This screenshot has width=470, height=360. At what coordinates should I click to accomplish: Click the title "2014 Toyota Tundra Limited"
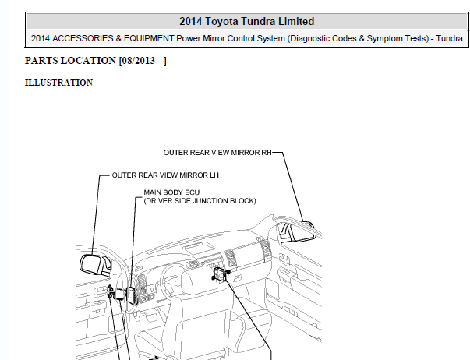coord(246,22)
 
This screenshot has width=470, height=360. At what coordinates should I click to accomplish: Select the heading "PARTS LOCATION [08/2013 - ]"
coord(96,61)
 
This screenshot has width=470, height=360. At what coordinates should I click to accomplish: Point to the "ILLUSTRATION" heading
coord(58,83)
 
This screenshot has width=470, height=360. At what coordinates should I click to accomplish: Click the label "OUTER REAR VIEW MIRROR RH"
coord(217,153)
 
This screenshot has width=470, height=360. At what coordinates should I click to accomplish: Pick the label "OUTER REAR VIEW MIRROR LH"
coord(165,175)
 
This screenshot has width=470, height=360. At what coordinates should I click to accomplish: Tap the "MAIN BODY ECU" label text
coord(171,192)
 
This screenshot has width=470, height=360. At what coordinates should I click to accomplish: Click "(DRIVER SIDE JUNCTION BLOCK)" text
coord(200,201)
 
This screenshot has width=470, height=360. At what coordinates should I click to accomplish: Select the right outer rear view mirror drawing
coord(297,231)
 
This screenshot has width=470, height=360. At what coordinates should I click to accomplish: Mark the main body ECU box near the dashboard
coord(131,295)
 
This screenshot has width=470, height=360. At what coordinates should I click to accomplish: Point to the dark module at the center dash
coord(221,274)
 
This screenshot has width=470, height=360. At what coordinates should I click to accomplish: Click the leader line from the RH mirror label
coord(292,187)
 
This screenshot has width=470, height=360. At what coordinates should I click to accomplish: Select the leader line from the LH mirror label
coord(96,214)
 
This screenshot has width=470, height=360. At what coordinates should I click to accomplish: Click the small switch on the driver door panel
coord(111,291)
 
